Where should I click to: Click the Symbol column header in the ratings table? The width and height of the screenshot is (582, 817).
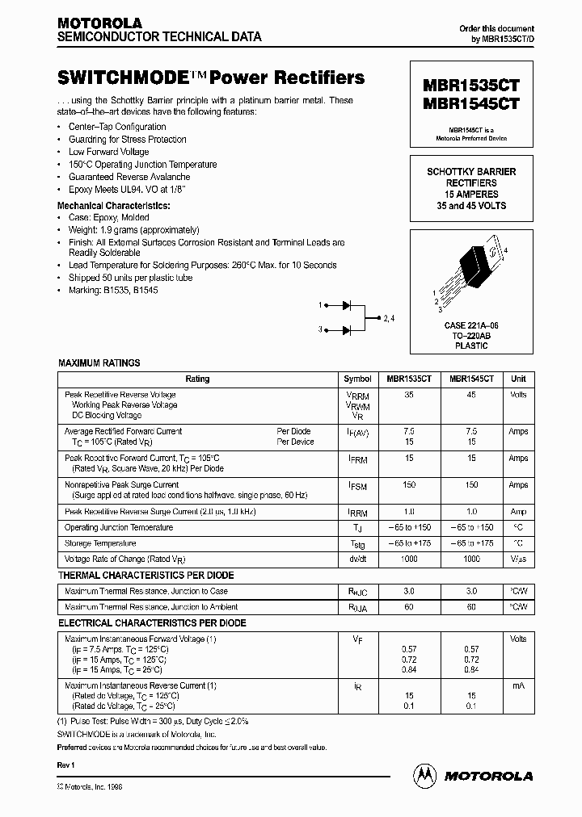[358, 379]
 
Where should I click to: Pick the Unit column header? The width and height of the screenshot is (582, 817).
[518, 379]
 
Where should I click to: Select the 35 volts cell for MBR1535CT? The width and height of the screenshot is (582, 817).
[409, 395]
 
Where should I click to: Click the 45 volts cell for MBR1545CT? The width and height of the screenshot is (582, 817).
[472, 395]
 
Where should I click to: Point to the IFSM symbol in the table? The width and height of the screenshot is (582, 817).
[357, 487]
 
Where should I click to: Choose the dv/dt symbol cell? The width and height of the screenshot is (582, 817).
[357, 559]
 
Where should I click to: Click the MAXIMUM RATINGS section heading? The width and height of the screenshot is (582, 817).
[99, 363]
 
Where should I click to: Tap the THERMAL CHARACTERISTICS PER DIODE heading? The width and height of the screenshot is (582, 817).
[146, 576]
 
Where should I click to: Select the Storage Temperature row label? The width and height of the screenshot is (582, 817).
[101, 543]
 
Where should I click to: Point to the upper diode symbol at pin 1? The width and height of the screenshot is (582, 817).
[347, 305]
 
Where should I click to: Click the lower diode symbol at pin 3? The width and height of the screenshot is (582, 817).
[347, 329]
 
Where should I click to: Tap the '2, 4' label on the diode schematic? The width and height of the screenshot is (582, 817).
[389, 317]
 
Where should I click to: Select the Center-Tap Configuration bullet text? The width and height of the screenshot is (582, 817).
[118, 127]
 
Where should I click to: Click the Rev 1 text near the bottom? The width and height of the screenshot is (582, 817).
[66, 764]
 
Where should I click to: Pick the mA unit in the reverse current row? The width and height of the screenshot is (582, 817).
[518, 685]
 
